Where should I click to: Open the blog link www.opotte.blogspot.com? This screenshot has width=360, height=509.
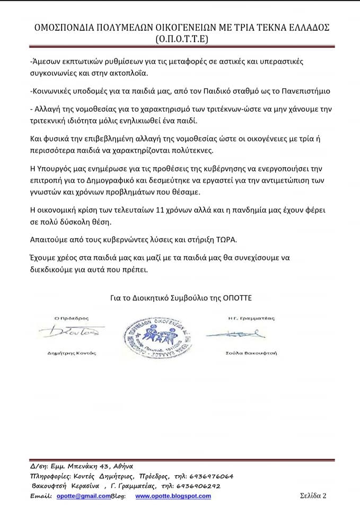pyautogui.click(x=173, y=496)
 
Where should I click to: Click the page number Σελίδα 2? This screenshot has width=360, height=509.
pyautogui.click(x=313, y=496)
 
